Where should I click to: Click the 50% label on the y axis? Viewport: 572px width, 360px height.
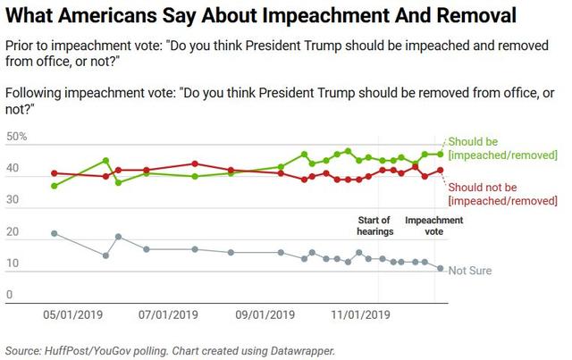[x=16, y=137]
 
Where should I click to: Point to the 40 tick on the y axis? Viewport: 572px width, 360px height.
[x=12, y=169]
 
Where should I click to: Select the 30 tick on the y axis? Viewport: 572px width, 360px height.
[x=12, y=200]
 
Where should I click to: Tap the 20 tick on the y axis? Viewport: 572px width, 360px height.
[x=12, y=232]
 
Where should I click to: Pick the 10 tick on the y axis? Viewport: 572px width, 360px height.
[x=12, y=264]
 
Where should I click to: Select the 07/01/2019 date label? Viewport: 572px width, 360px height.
[x=168, y=314]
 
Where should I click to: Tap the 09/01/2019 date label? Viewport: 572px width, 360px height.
[x=265, y=314]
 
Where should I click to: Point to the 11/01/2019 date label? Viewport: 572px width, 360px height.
[x=362, y=314]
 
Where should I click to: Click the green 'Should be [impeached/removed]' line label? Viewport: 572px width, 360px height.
[x=503, y=148]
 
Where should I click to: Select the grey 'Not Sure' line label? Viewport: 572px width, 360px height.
[x=470, y=271]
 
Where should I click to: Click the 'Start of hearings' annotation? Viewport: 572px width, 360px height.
[x=374, y=226]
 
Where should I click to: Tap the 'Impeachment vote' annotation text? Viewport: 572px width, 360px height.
[x=434, y=226]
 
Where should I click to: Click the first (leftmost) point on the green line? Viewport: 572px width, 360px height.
[x=55, y=186]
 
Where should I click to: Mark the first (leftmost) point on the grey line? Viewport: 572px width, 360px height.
[x=55, y=233]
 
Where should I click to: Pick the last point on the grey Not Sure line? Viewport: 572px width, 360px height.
[x=440, y=268]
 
